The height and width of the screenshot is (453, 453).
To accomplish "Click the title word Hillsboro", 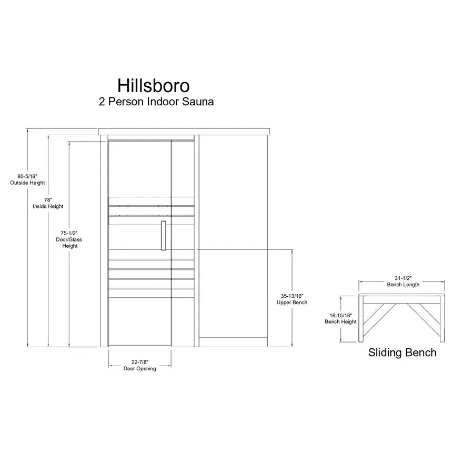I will point(154,85).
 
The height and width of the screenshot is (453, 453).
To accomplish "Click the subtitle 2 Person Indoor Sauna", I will point(156,102).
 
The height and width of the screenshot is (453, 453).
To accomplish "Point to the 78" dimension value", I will point(48,200).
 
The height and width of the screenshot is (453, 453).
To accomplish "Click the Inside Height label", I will point(48,207).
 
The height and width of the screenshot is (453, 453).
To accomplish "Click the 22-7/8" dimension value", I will point(140,362).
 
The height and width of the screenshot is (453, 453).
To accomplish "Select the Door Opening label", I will point(140,369).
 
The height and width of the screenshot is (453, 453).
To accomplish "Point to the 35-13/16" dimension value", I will point(292,296).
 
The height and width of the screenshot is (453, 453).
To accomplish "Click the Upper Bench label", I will point(292,303).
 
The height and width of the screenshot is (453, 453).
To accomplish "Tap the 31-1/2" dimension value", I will point(403,278).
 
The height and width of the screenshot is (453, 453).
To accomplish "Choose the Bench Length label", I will point(403,285).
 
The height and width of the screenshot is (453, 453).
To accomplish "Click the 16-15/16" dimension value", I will point(340,315).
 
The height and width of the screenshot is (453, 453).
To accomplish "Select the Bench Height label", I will point(340,321).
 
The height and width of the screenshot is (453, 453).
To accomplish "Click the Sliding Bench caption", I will point(402,353).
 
